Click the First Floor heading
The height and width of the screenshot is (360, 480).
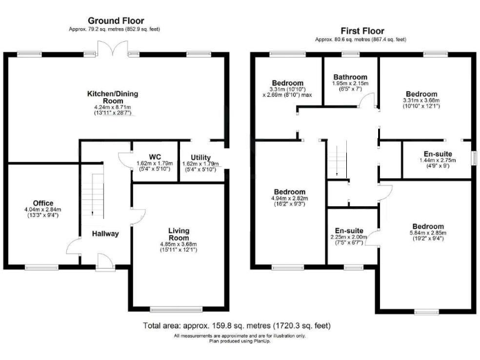coord(362,31)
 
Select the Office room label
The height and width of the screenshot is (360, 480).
coord(43,202)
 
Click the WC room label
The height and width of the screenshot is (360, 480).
coord(155,157)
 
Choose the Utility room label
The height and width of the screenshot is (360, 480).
coord(201,157)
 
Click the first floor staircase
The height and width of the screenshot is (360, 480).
coord(337,159)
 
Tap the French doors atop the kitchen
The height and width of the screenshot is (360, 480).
coord(112,49)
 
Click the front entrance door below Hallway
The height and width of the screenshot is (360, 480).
coord(104,261)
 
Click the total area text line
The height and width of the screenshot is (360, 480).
coord(237,326)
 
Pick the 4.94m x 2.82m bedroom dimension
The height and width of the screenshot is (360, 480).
coord(289,199)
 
